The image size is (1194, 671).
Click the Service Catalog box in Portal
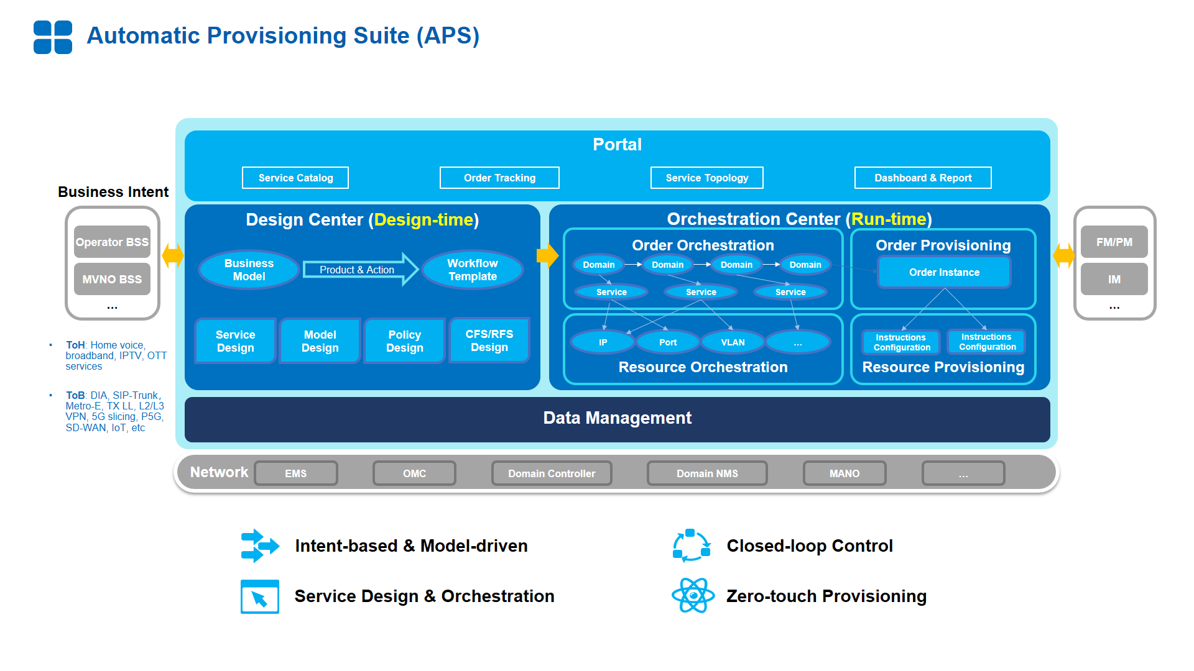tap(295, 178)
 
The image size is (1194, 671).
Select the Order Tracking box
tap(499, 178)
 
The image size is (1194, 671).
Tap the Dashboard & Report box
tap(923, 178)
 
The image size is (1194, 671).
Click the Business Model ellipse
tap(249, 270)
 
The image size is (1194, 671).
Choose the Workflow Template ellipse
tap(473, 270)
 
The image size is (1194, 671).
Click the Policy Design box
tap(405, 341)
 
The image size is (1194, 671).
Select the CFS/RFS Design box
tap(489, 340)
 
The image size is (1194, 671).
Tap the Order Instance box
tap(944, 272)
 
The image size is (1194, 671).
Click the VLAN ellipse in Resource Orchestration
tap(733, 342)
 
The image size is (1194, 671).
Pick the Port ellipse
tap(668, 342)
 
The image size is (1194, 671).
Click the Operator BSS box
tap(112, 242)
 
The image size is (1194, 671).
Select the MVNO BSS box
tap(112, 279)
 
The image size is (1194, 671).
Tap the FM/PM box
tap(1114, 242)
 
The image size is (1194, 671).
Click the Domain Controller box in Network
tap(552, 473)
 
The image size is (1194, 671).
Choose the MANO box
tap(845, 473)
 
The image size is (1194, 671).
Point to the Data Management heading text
tap(618, 418)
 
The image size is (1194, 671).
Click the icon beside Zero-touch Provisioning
tap(693, 595)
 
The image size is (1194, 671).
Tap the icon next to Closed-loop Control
tap(692, 545)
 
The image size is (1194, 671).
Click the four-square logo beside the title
tap(53, 37)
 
